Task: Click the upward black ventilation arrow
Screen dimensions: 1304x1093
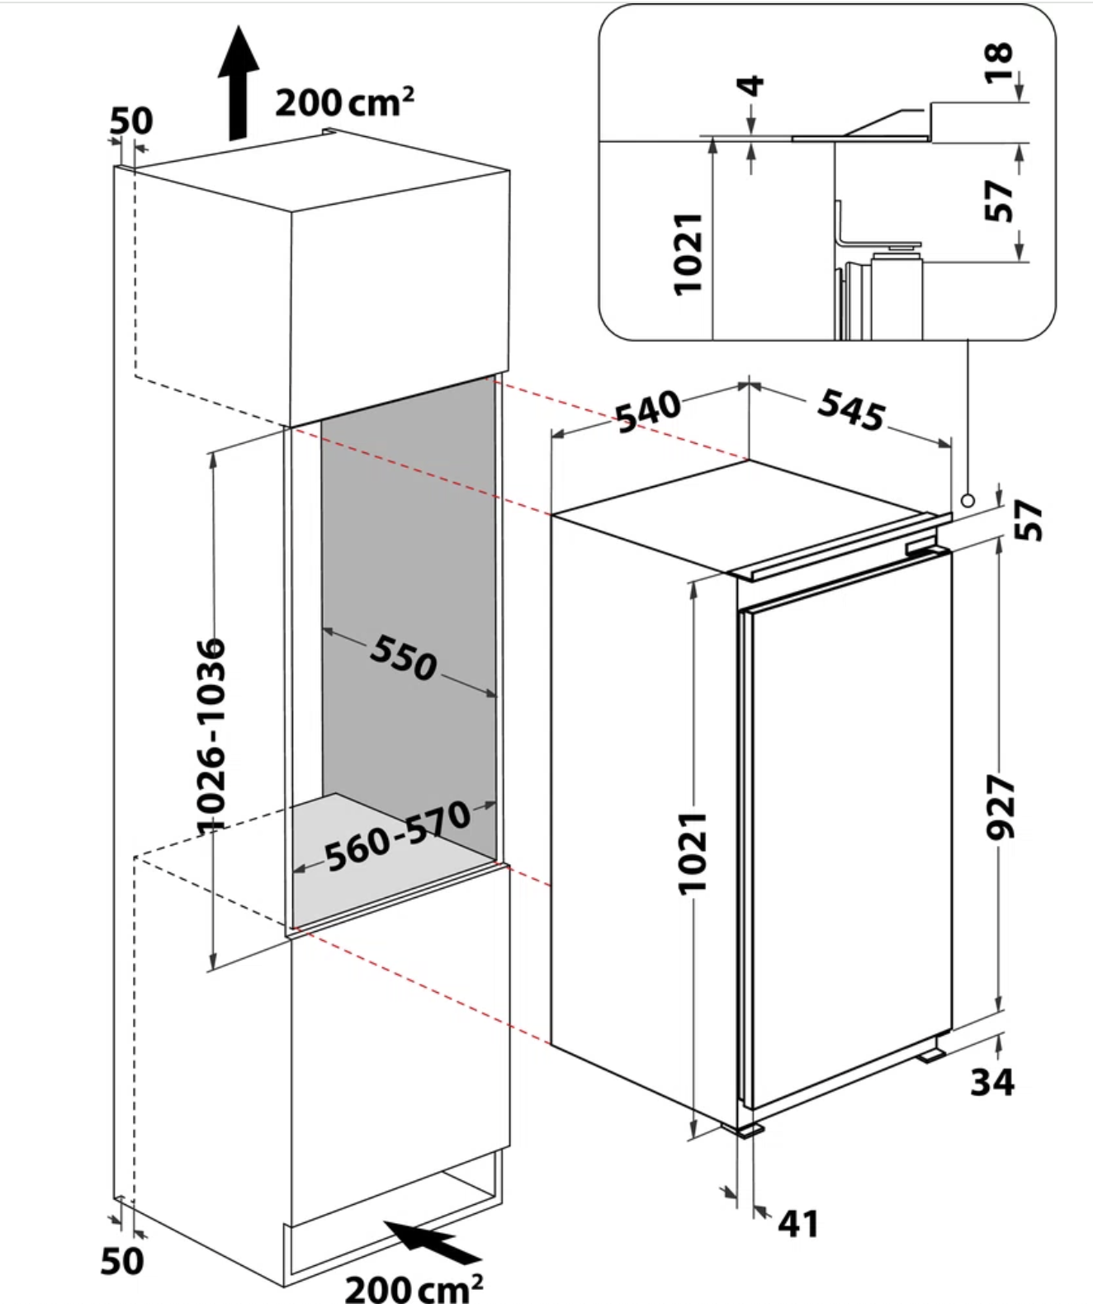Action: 239,83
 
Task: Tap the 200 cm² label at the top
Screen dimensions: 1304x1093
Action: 344,102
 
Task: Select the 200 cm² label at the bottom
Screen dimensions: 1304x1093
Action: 414,1287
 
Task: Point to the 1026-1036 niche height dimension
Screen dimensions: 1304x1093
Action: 211,735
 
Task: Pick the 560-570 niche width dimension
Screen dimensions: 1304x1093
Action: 398,837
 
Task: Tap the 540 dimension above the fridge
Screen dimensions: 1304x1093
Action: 649,411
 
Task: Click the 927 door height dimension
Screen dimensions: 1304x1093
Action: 1001,806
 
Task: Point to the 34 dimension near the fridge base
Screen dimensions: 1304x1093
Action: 991,1081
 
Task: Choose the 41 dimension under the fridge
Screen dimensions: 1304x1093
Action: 797,1223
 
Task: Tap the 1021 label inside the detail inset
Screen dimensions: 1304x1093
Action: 688,253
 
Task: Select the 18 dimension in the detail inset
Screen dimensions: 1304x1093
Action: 998,64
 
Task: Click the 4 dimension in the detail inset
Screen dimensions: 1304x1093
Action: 751,85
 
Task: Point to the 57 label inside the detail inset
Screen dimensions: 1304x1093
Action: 998,201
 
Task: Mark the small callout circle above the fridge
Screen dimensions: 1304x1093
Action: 968,500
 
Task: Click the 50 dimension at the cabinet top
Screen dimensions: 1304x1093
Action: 131,121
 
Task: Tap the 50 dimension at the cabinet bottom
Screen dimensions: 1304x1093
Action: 122,1260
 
